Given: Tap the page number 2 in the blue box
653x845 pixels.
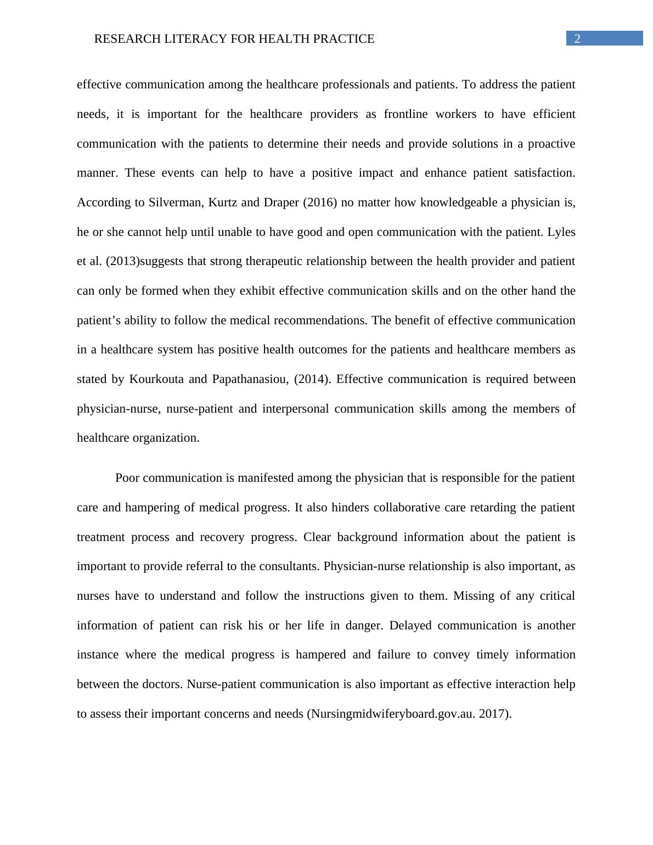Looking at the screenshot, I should click(x=577, y=38).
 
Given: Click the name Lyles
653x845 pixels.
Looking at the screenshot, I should click(x=561, y=232).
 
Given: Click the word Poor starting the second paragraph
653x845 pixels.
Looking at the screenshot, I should click(x=127, y=478).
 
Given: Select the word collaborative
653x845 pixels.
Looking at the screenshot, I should click(x=407, y=508).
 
